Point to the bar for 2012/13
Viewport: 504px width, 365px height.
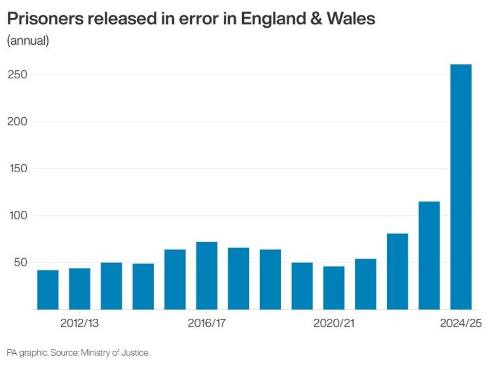pyautogui.click(x=80, y=288)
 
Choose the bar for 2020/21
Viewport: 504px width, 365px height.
pyautogui.click(x=334, y=288)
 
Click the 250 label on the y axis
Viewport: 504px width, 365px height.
pyautogui.click(x=17, y=75)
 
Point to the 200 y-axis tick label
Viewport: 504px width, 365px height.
pyautogui.click(x=17, y=122)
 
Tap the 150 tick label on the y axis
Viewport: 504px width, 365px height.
pyautogui.click(x=17, y=169)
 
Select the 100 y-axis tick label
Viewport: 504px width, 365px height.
pyautogui.click(x=17, y=216)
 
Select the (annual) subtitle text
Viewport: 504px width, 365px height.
pyautogui.click(x=28, y=41)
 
